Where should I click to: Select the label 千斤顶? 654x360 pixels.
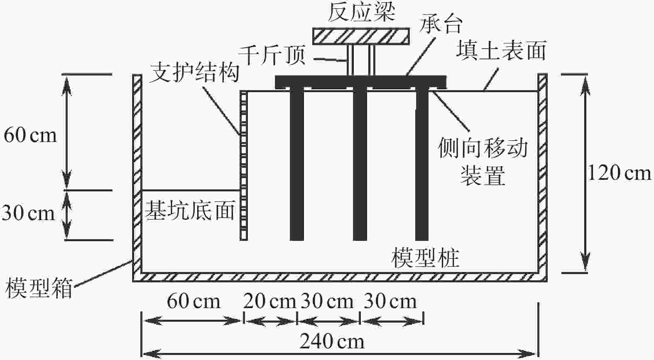click(272, 55)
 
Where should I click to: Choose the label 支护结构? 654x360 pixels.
click(194, 72)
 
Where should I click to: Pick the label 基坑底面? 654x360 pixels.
click(189, 211)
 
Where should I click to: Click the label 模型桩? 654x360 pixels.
click(425, 258)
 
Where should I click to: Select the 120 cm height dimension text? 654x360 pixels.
click(619, 172)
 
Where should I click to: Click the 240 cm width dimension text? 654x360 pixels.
click(332, 342)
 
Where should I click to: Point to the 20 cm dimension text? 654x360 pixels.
click(269, 301)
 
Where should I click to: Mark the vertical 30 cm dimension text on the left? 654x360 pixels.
click(28, 213)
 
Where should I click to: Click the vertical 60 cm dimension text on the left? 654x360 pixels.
click(30, 135)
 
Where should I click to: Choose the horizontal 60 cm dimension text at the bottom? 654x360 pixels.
click(193, 301)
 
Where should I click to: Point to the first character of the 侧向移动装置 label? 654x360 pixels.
click(448, 148)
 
